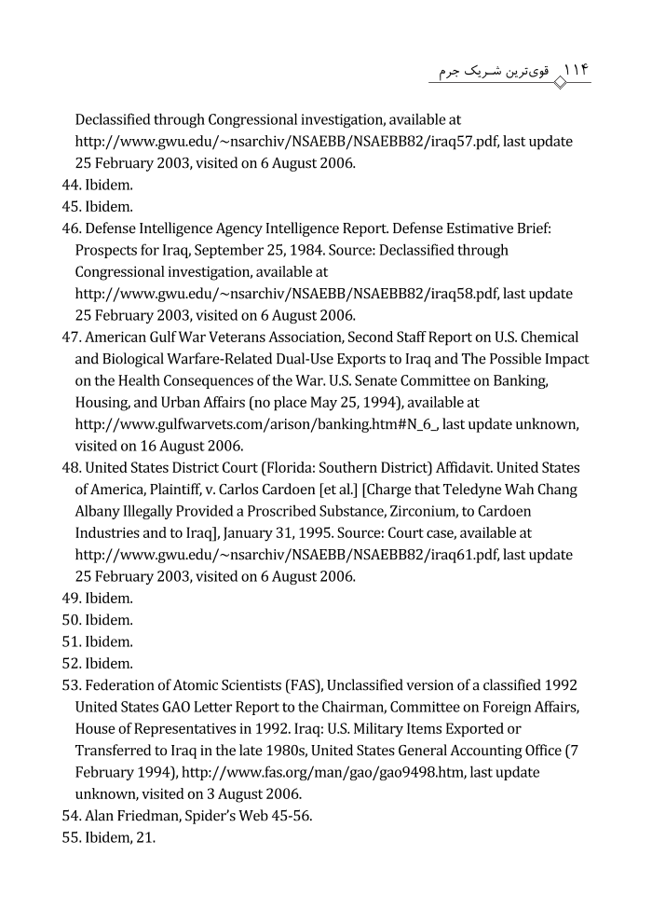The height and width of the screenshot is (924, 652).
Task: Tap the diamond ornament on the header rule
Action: [558, 83]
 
